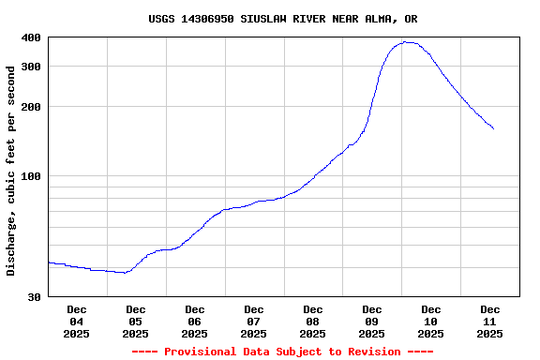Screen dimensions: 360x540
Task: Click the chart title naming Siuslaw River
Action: (x=283, y=19)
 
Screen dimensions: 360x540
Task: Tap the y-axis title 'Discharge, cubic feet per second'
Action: (x=11, y=171)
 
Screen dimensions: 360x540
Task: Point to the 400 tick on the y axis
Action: (x=31, y=37)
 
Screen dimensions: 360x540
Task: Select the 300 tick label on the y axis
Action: (x=31, y=67)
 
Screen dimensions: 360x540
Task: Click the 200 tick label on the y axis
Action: (x=31, y=107)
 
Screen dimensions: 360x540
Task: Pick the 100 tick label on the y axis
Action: (x=31, y=176)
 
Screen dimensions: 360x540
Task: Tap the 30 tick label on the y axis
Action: (x=34, y=297)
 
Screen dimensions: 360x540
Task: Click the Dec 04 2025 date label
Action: (x=77, y=321)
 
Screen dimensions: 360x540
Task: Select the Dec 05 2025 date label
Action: (x=136, y=321)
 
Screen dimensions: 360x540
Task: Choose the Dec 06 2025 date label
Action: (x=195, y=321)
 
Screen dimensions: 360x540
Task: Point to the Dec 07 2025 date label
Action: (x=254, y=321)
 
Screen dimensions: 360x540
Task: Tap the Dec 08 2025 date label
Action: (x=313, y=321)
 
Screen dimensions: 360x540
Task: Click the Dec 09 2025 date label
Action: (x=372, y=321)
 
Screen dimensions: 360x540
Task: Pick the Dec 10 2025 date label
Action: (x=431, y=321)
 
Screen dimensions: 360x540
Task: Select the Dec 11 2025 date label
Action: (x=490, y=321)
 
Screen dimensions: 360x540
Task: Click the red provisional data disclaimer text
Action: (x=283, y=352)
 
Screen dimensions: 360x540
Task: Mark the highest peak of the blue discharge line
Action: (x=405, y=41)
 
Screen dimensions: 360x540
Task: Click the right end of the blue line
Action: (x=493, y=128)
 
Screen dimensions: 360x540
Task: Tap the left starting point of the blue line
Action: (x=48, y=262)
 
